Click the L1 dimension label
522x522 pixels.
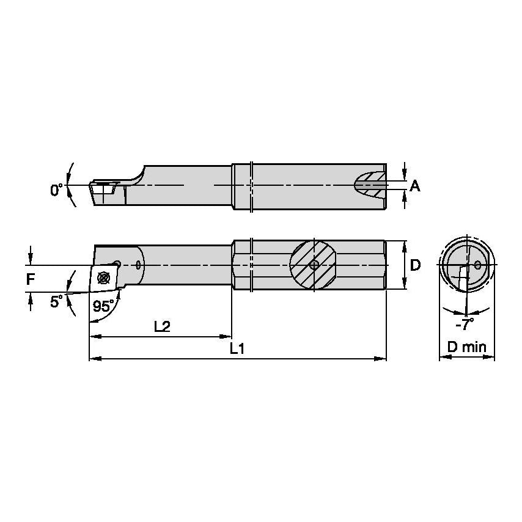point(237,348)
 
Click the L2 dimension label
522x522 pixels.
point(162,326)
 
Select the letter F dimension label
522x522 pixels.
point(31,279)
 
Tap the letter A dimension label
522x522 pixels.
point(414,186)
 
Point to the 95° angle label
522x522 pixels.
point(103,306)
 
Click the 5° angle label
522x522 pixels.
point(56,301)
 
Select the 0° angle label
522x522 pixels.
point(56,189)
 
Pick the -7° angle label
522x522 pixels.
point(465,324)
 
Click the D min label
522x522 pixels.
point(467,347)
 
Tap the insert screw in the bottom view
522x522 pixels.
point(103,278)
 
